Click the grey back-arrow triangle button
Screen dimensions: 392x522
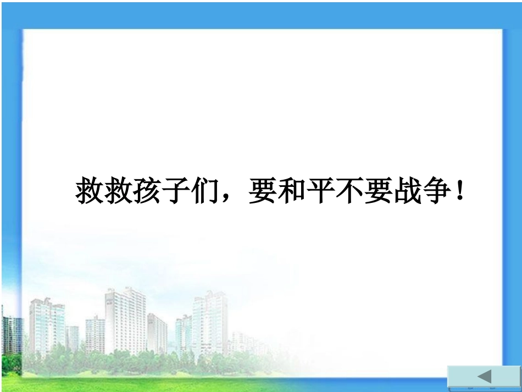click(484, 377)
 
